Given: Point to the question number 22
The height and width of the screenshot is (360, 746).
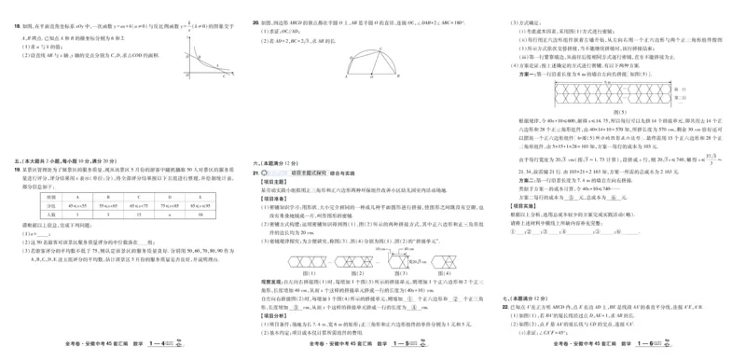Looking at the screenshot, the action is pyautogui.click(x=504, y=304).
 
